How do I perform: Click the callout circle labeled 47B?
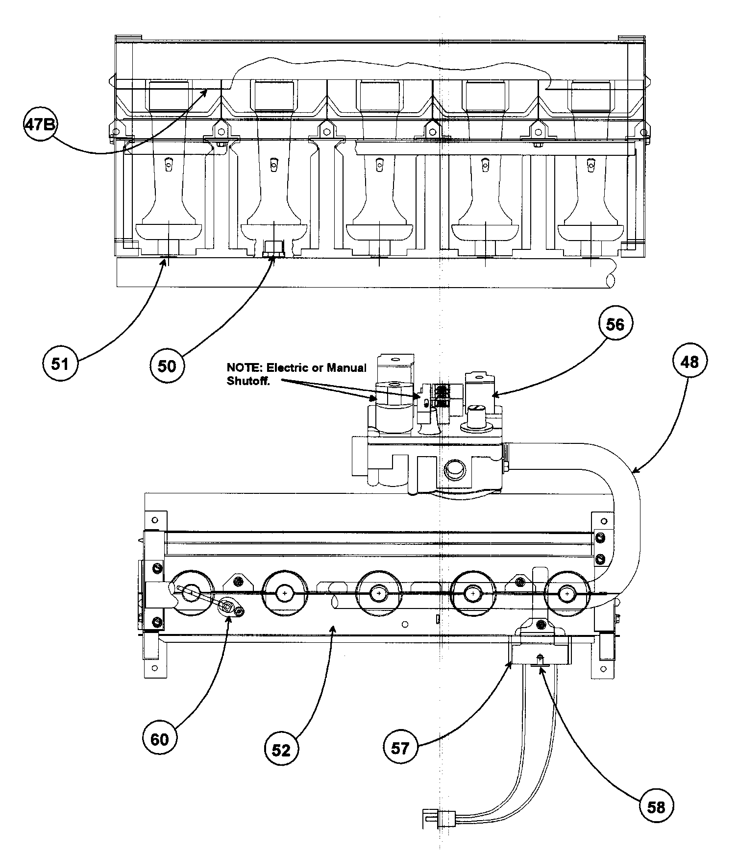tap(40, 125)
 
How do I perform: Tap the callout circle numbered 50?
tap(167, 365)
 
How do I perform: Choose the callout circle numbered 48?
tap(689, 362)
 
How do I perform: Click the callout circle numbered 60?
tap(160, 738)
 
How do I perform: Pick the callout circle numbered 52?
tap(281, 750)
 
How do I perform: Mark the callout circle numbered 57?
tap(400, 748)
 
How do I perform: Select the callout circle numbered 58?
tap(656, 806)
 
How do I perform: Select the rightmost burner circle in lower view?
tap(567, 593)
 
